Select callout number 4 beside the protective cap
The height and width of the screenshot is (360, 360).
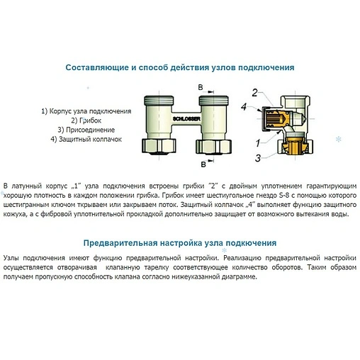[x=244, y=107]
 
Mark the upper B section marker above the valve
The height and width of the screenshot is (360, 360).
[x=201, y=86]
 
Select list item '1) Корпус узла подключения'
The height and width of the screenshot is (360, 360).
[x=86, y=111]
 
